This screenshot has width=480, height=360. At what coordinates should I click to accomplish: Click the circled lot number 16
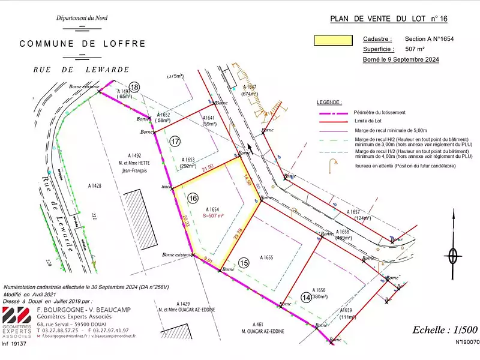(193, 197)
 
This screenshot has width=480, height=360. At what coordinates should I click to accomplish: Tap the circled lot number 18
(134, 87)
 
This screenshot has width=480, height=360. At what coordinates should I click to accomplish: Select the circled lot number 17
(175, 142)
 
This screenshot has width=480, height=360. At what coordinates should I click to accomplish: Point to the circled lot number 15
(243, 262)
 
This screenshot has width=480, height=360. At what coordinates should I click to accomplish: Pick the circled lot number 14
(307, 297)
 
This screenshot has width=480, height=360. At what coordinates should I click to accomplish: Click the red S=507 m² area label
(213, 215)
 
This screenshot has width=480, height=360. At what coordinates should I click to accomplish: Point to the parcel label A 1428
(95, 186)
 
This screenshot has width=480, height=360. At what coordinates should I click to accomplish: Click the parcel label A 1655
(266, 257)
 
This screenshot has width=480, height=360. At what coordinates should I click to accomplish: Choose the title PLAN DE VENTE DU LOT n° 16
(388, 19)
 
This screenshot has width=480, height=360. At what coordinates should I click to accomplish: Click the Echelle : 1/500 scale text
(445, 329)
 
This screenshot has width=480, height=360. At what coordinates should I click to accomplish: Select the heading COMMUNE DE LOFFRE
(83, 44)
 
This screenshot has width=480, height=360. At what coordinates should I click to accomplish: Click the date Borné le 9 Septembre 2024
(401, 60)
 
